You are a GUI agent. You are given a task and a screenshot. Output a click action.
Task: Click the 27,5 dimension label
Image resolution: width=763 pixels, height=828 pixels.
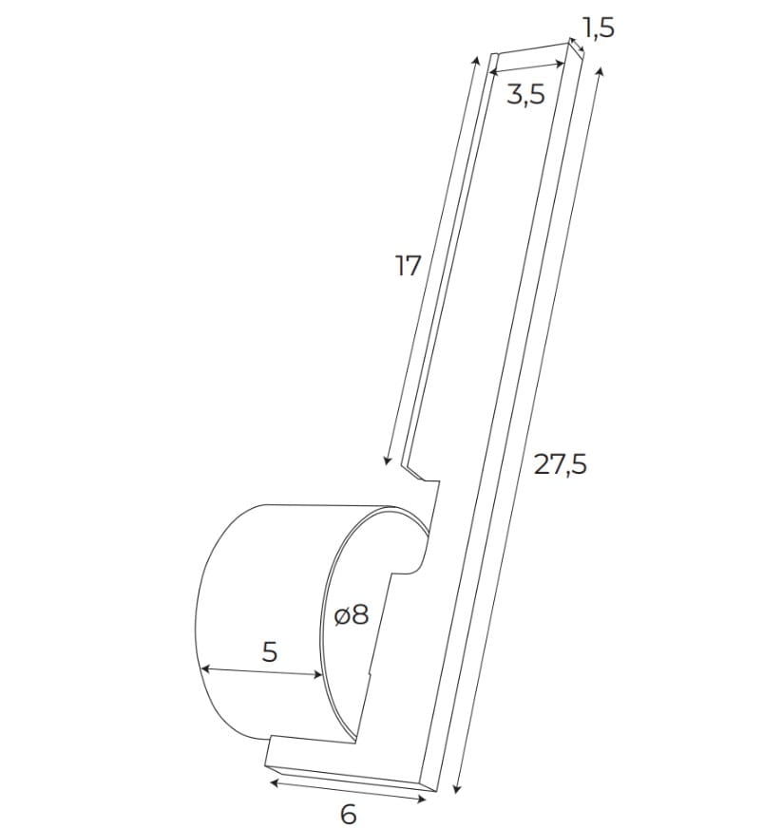pyautogui.click(x=560, y=464)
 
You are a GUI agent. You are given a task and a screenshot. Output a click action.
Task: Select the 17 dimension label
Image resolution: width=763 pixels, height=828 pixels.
pyautogui.click(x=408, y=267)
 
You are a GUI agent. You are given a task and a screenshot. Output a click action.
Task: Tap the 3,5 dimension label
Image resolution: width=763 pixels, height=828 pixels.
pyautogui.click(x=525, y=94)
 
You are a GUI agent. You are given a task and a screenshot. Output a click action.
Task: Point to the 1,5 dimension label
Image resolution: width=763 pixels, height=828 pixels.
pyautogui.click(x=598, y=28)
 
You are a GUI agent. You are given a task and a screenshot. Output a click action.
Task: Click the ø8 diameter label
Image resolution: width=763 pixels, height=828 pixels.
pyautogui.click(x=351, y=615)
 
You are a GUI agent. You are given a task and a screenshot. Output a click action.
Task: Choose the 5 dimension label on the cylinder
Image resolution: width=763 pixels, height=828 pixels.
pyautogui.click(x=269, y=652)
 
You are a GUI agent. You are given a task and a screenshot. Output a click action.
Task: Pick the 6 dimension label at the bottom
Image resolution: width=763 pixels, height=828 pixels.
pyautogui.click(x=348, y=814)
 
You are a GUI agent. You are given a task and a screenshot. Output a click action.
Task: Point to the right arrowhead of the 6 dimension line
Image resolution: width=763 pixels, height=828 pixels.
pyautogui.click(x=424, y=800)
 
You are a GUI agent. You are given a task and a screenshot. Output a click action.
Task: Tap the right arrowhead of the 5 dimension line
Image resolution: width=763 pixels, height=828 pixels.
pyautogui.click(x=320, y=676)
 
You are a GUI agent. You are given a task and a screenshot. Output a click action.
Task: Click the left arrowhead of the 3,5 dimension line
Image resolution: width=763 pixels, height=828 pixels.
pyautogui.click(x=490, y=69)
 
